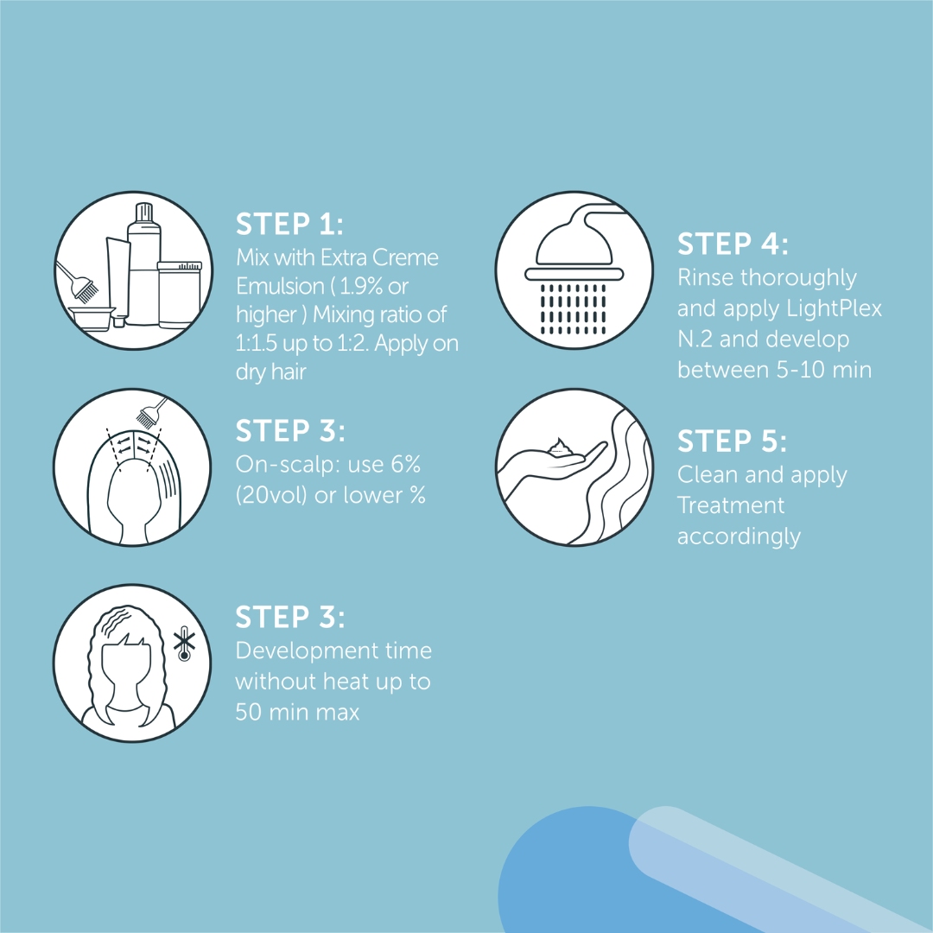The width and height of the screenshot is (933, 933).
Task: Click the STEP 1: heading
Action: pos(289,225)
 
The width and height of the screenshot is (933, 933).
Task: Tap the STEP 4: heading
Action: pos(733,244)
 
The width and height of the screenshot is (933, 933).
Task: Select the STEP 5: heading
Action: pos(732,441)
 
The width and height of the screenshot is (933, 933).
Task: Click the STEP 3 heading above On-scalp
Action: pos(290,431)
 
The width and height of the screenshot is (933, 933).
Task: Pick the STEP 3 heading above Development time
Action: pos(290,617)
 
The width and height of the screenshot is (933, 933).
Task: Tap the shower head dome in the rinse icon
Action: pos(574,245)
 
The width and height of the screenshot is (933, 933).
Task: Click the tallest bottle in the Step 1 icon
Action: pos(144,263)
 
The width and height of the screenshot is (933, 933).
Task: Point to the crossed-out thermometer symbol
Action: pos(185,646)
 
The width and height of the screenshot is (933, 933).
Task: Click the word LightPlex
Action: pos(835,308)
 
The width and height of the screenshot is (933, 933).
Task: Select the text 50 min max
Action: pos(297,712)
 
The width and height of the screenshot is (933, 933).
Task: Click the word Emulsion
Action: pos(280,286)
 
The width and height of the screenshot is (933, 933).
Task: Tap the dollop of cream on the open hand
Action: pos(559,447)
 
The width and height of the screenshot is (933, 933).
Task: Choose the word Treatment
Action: pos(731,505)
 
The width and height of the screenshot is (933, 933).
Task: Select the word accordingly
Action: pos(739,537)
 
